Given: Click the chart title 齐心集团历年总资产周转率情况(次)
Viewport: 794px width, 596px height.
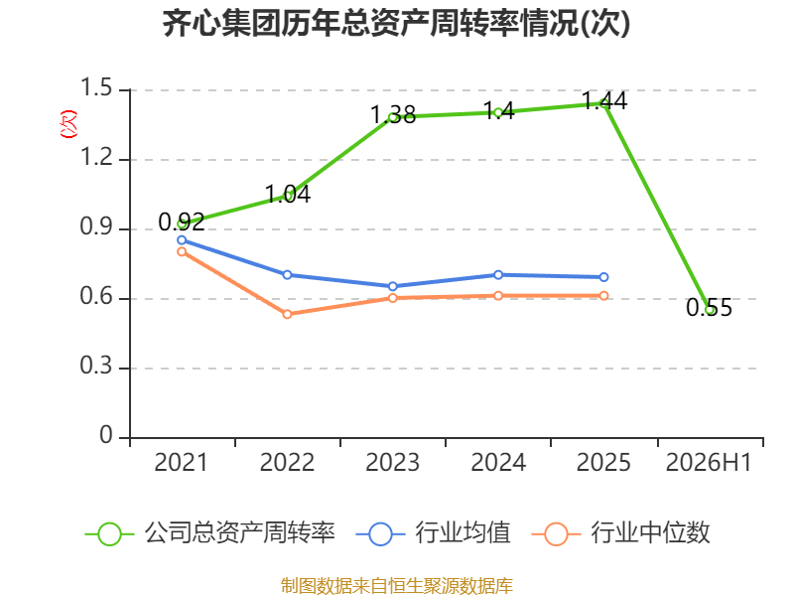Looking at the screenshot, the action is coord(396,23).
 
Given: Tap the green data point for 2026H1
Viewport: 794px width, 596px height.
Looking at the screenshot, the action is coord(710,310).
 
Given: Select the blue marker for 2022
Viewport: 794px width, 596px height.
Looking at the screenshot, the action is coord(287,275).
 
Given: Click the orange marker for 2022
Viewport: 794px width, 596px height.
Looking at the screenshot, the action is coord(287,314).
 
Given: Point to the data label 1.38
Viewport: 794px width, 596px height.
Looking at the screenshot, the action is coord(393,115).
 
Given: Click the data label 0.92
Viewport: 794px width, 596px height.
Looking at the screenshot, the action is coord(182,222).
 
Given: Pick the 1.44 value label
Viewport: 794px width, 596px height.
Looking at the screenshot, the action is coord(604,100).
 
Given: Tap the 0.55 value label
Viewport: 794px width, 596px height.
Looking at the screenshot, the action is coord(709,308).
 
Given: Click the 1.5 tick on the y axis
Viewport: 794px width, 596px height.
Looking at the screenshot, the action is coord(96,87).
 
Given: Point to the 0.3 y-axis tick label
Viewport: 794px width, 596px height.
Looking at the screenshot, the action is coord(96,366).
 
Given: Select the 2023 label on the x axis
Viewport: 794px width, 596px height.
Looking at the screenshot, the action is coord(392,462).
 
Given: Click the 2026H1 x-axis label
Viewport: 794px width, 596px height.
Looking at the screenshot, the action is coord(709,462).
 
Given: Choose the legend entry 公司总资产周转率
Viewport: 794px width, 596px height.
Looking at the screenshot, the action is coord(210,533).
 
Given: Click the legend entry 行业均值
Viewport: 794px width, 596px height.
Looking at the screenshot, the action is coord(434,533).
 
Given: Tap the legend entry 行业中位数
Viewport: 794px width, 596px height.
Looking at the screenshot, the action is coord(621,533).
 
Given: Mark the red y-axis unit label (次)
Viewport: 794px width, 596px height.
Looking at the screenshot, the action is coord(68,124).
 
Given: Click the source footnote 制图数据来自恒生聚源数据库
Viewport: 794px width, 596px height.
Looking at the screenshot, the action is coord(397,586).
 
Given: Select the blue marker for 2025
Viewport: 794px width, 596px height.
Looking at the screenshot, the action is coord(603,277).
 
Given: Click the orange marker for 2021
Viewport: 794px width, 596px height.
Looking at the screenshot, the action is coord(182,251).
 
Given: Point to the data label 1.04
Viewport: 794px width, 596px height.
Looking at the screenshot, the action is coord(288,195).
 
